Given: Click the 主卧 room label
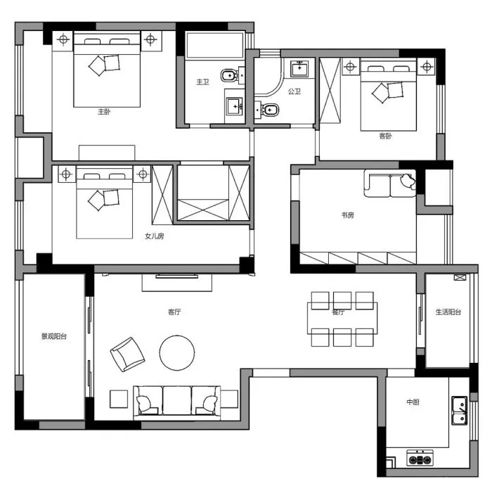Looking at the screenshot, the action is pos(104,112).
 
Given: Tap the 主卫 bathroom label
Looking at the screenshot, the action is pos(202,82).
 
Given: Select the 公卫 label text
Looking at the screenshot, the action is pos(294,91).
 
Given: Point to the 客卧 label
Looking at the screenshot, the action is pos(385,136).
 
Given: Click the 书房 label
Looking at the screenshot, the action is pos(348,215).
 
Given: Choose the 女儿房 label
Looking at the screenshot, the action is pos(154,236).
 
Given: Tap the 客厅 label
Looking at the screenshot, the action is pos(174,312).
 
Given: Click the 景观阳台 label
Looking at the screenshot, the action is pos(54,336).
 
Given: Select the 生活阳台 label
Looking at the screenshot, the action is pos(448,312).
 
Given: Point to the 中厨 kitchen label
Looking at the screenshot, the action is pos(413,402).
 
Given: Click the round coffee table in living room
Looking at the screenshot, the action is pos(177,353).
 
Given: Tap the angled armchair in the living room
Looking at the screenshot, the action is pos(127,354).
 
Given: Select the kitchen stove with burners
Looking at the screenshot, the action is pos(420,458).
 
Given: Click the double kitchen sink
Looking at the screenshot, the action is pos(459,411).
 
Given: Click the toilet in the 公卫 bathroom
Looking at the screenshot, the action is pos(268,110).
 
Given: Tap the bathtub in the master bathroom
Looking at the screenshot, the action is pos(215,45).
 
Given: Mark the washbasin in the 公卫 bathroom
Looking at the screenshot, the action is pos(299,68).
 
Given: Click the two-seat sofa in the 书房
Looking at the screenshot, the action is pos(390,184).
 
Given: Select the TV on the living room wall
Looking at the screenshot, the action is pos(177,276).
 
